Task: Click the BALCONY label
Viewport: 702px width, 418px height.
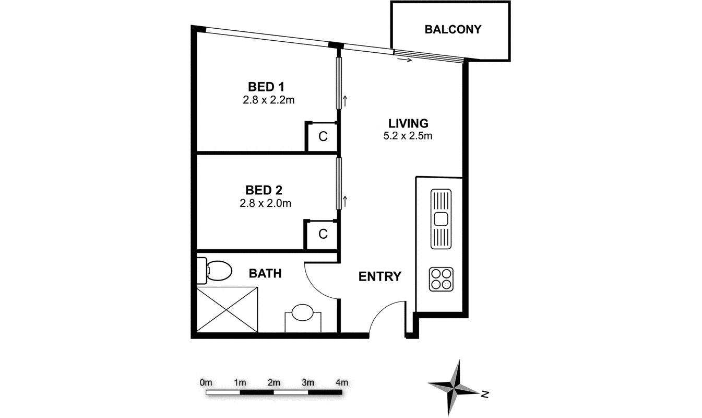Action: pos(453,29)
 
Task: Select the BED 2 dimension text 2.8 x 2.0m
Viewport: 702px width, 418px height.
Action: pos(265,203)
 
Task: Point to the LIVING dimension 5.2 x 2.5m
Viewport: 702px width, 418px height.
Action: pos(408,136)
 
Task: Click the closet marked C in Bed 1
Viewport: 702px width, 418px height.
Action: pos(323,137)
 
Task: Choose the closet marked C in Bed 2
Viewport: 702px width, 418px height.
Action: pos(323,235)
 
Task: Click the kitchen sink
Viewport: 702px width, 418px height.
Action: pos(440,218)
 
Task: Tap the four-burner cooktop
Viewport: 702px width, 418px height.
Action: pos(441,279)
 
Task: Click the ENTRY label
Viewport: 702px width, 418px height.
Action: pos(379,276)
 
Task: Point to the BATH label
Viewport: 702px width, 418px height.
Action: pos(265,273)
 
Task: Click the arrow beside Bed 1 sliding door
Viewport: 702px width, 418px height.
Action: pos(345,100)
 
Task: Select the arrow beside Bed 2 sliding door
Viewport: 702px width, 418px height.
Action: pos(345,201)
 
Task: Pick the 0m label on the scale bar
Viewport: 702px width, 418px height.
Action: pos(206,382)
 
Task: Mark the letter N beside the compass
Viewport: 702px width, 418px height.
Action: pos(485,394)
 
